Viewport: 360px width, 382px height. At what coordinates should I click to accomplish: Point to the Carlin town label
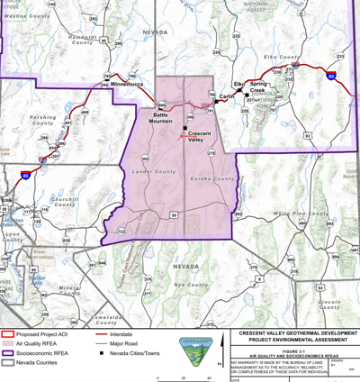click(227, 95)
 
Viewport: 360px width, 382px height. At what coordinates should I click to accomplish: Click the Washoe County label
click(26, 16)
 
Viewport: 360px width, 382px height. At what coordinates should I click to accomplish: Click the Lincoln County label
click(330, 303)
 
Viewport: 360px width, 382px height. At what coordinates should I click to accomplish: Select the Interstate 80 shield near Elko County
click(330, 78)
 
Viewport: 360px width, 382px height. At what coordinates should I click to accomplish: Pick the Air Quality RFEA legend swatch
click(10, 344)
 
